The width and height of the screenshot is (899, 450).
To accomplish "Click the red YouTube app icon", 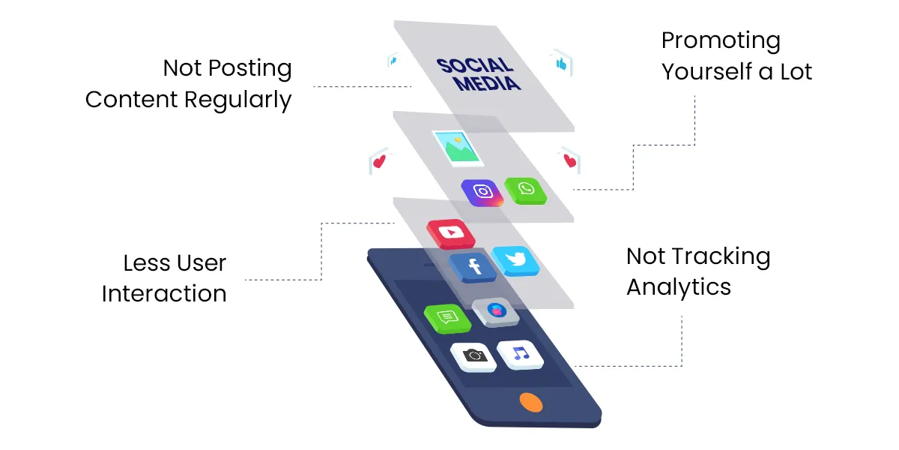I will (x=451, y=233).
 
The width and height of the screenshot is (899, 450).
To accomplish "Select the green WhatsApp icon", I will (x=525, y=189).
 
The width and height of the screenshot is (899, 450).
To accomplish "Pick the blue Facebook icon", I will (x=473, y=266).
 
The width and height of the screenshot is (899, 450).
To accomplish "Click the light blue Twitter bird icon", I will (x=515, y=259).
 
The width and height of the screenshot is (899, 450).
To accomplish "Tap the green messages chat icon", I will (x=447, y=316).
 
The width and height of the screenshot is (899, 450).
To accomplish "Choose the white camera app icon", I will (x=473, y=355).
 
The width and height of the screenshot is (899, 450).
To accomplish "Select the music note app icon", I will (x=521, y=353).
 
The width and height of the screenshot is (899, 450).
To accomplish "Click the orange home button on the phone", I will (x=530, y=401).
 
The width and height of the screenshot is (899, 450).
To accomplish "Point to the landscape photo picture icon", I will (x=457, y=146).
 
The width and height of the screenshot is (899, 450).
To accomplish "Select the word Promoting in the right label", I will (x=710, y=40).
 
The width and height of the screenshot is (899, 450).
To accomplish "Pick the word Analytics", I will (x=679, y=287).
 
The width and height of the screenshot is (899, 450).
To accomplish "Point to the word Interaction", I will (x=164, y=293).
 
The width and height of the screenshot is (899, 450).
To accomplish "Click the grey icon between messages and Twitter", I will (x=495, y=310).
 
